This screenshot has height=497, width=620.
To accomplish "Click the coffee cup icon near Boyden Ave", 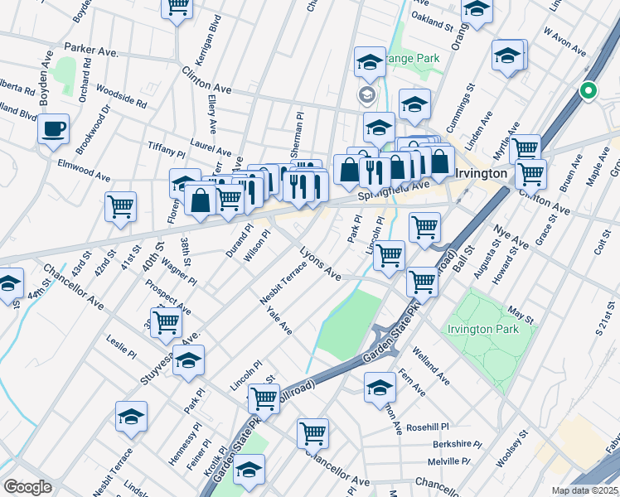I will pyautogui.click(x=54, y=129).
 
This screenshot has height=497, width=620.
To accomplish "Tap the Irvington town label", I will pyautogui.click(x=482, y=173).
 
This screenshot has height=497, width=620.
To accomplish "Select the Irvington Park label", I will pyautogui.click(x=482, y=329).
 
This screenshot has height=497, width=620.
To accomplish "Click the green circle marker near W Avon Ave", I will pyautogui.click(x=589, y=91).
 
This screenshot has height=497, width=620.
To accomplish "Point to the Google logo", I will pyautogui.click(x=27, y=487).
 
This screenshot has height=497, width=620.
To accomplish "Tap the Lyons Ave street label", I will pyautogui.click(x=320, y=261).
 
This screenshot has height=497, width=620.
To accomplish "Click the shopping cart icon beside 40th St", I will pyautogui.click(x=121, y=205).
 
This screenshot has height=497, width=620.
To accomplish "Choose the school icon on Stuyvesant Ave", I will pyautogui.click(x=189, y=360).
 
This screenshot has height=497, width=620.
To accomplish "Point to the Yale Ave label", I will pyautogui.click(x=279, y=321).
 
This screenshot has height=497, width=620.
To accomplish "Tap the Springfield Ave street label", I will pyautogui.click(x=394, y=191).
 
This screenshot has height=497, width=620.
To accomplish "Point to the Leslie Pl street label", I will pyautogui.click(x=121, y=347).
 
